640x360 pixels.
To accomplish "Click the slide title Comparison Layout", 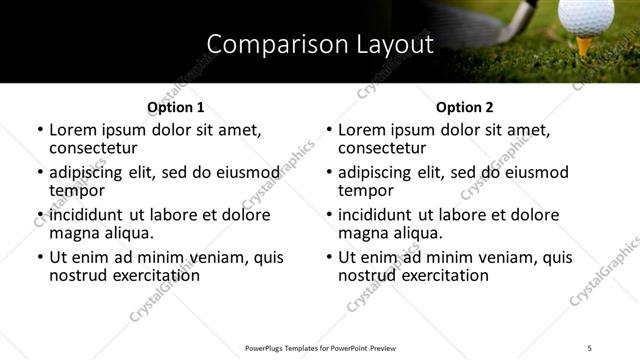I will [320, 45].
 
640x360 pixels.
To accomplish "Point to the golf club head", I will [521, 14].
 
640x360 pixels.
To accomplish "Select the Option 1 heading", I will [176, 106].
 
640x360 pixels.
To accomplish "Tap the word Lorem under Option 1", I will [74, 130].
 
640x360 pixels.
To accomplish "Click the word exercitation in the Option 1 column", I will [147, 275].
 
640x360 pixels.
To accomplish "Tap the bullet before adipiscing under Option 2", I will [328, 173].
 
